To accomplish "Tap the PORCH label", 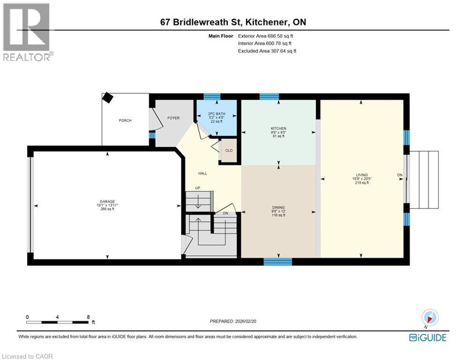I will coord(125,120).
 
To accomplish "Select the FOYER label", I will coord(173,118).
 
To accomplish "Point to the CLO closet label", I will coord(229,150).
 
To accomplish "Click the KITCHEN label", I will coord(278,128).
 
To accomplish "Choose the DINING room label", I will coord(279,207).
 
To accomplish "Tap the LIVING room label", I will coord(361,175).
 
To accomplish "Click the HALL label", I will coord(202,173).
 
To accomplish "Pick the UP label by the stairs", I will coord(198,189).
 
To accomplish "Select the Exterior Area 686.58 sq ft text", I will coord(266,36).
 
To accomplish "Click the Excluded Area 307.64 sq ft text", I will coord(267,51).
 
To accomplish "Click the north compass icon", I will coord(429,317).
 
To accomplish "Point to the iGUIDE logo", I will coord(427,337).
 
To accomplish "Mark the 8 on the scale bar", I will coord(88,317).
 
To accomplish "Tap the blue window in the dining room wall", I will coord(274,261).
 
